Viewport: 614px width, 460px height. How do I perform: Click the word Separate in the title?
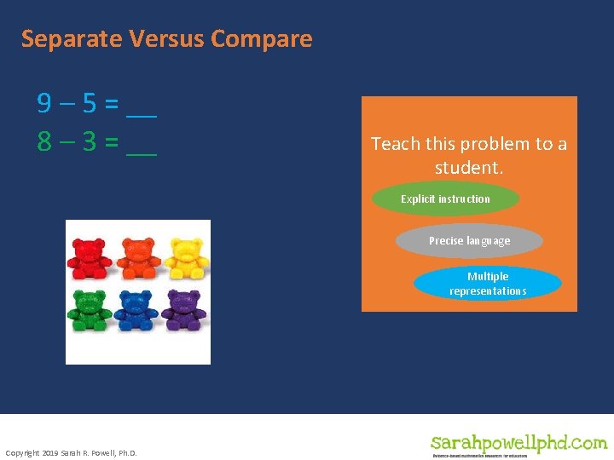[x=72, y=39]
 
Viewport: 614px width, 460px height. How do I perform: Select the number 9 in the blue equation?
[x=44, y=104]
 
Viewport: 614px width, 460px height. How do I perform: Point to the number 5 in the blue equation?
[x=88, y=104]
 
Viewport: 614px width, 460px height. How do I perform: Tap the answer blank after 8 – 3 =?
[x=142, y=147]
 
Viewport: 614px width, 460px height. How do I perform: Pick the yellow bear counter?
[x=186, y=257]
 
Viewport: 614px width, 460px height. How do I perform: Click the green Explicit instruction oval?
[x=445, y=199]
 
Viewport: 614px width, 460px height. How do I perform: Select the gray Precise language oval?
[x=469, y=241]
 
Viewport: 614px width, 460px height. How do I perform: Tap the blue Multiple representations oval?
[x=488, y=284]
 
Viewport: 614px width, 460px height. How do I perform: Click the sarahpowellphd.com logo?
[x=518, y=444]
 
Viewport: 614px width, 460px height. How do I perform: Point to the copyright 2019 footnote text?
[x=71, y=451]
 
